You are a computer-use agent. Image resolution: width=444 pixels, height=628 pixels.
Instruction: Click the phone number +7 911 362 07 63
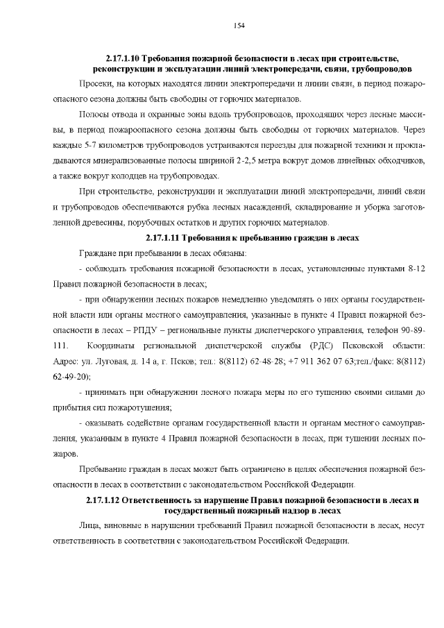(323, 361)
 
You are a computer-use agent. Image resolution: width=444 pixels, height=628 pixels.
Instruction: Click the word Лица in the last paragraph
(91, 526)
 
